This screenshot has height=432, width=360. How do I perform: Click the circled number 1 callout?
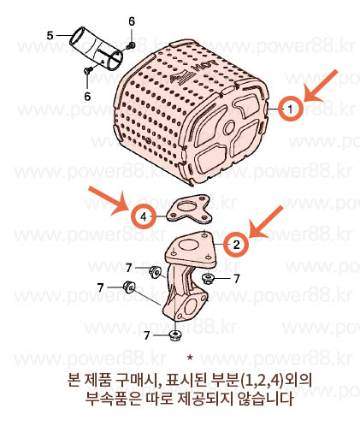pos(291,109)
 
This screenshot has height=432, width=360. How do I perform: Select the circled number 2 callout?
pos(237,245)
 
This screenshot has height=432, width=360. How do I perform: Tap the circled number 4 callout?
pos(144,217)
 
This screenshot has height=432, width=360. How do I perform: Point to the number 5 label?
pos(50,36)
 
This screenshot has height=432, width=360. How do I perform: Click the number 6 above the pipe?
pos(132,21)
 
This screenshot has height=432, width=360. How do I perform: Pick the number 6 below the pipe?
pos(87,96)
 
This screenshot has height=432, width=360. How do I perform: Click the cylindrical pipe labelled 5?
pos(96,49)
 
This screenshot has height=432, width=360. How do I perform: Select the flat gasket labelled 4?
pos(189,209)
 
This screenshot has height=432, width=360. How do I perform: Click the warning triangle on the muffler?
pos(180,76)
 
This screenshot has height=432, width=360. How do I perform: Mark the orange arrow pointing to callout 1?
pos(321,86)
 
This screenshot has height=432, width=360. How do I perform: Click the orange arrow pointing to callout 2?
pos(266,222)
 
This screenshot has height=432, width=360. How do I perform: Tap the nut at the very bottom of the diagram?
pos(174,335)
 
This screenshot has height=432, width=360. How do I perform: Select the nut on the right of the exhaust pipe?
pos(207,278)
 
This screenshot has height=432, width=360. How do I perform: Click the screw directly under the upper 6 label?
pos(132,44)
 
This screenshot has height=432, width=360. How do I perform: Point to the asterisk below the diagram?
pos(190,358)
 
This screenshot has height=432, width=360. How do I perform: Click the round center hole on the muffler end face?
pos(229,128)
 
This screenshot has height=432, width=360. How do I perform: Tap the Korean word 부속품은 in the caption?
pos(114,398)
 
